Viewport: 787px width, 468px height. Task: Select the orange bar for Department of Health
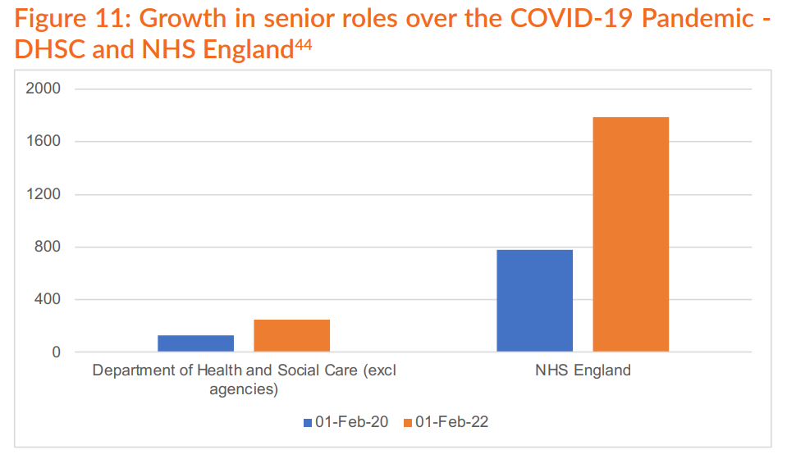point(291,336)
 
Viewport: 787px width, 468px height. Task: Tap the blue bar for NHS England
point(534,301)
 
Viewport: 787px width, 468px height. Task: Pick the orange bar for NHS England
point(630,234)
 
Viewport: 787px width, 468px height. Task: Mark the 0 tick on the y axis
point(57,352)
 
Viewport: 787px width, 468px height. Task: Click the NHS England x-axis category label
point(583,370)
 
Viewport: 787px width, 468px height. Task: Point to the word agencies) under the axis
point(244,389)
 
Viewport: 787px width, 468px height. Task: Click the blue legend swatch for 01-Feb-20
point(309,422)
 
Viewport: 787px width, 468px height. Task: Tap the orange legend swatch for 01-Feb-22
point(407,422)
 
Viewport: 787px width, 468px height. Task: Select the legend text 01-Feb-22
point(452,422)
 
